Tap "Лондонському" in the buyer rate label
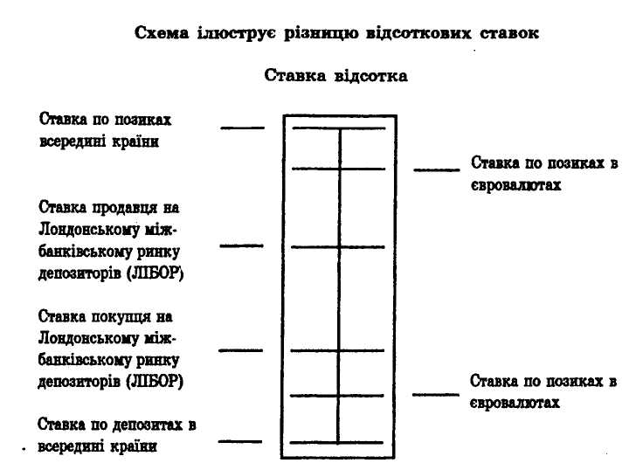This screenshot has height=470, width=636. click(x=88, y=338)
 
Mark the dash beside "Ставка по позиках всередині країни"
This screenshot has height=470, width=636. click(x=241, y=128)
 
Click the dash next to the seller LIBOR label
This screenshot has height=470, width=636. click(x=241, y=246)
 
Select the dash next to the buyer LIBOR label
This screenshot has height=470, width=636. click(x=241, y=350)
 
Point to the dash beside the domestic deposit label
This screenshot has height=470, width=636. click(x=241, y=442)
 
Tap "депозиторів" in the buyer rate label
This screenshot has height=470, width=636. click(x=79, y=382)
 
